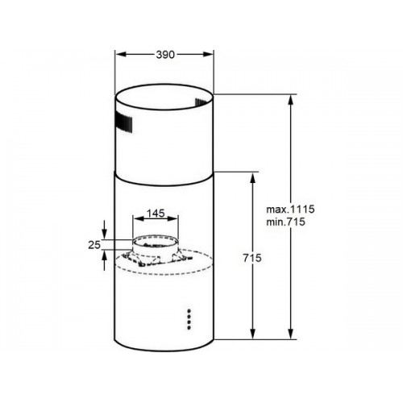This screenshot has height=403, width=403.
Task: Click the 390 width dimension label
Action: pyautogui.click(x=165, y=55)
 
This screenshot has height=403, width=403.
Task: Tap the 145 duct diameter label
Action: pyautogui.click(x=156, y=214)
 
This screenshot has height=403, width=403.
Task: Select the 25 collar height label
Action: pyautogui.click(x=94, y=245)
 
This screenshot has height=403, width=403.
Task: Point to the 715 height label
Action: pyautogui.click(x=252, y=258)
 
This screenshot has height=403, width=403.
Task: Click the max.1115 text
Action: pyautogui.click(x=290, y=209)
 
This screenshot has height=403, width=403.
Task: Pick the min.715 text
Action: pyautogui.click(x=286, y=222)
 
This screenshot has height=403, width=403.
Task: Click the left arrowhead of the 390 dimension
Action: pyautogui.click(x=121, y=54)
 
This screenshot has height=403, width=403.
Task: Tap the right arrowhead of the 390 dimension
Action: pyautogui.click(x=208, y=54)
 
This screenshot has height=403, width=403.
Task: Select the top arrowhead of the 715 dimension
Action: pyautogui.click(x=252, y=178)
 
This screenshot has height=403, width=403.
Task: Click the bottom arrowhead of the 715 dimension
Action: pyautogui.click(x=252, y=333)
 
